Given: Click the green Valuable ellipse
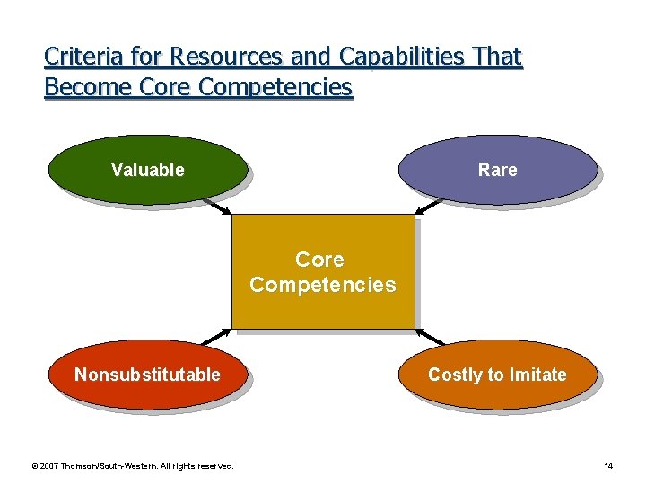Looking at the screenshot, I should (147, 169).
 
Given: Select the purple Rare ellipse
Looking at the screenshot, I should (497, 169).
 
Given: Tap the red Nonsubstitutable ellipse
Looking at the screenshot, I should (147, 374).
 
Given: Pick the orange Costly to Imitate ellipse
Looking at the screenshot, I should (497, 374).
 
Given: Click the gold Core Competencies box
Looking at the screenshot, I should (322, 272).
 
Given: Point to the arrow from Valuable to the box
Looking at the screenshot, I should (217, 206).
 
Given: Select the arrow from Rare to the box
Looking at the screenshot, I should (429, 206).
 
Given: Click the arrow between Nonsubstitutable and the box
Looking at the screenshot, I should (217, 337).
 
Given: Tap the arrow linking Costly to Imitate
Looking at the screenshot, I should (431, 337).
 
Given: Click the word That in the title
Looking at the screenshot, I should (496, 57).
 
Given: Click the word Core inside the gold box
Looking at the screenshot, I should (319, 260).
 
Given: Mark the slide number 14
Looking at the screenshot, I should (608, 466).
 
